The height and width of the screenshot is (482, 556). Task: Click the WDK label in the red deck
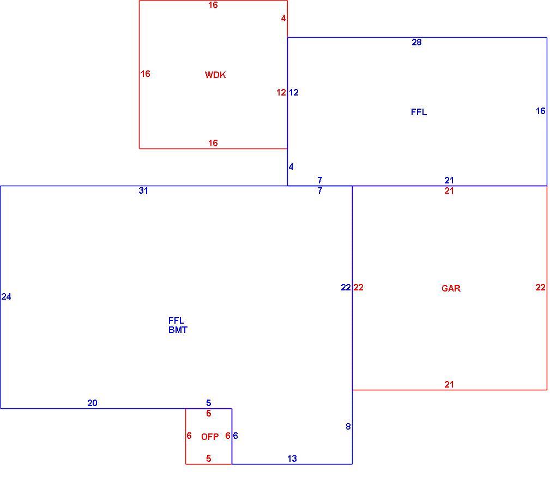pos(215,75)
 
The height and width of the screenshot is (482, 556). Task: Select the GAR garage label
pos(451,288)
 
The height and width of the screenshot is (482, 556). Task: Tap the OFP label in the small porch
pos(210,437)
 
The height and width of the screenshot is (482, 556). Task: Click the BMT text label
pos(178,330)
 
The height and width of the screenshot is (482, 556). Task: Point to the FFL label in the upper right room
pos(419,112)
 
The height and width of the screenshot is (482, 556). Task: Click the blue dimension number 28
pos(416,42)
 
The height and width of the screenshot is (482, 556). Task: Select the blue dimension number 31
pos(143,191)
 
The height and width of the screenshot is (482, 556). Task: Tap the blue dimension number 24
pos(7,296)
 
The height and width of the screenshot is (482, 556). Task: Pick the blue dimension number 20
pos(92,403)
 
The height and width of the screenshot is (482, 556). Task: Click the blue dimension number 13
pos(292,459)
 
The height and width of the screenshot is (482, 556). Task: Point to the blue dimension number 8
pos(348,426)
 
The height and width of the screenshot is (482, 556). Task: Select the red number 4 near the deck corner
pos(283,18)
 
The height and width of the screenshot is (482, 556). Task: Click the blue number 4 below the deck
pos(291,166)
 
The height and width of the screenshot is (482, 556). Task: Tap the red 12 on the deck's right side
pos(281,93)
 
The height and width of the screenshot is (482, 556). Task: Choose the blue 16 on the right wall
pos(540,111)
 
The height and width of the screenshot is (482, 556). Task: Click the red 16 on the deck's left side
pos(146,74)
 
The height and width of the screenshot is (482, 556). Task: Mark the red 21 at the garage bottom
pos(449,384)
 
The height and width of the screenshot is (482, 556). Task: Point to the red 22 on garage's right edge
pos(540,287)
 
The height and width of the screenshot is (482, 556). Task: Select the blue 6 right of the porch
pos(235,436)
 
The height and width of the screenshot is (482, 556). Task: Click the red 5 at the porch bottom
pos(208,459)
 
